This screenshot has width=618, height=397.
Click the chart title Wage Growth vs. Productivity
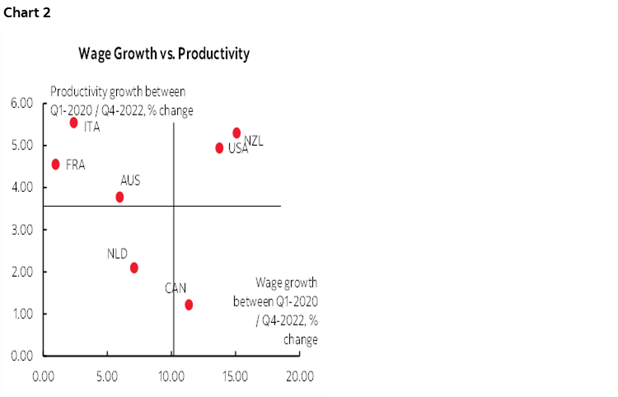point(164,54)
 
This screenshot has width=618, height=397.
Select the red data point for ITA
point(73,123)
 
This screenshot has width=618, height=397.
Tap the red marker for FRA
point(55,164)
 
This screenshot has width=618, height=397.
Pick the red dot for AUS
point(119,197)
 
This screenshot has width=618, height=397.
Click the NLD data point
point(133,268)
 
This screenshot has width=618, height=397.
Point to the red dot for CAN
point(189,305)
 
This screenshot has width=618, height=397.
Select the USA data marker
point(219,148)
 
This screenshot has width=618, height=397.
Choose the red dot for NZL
point(236,133)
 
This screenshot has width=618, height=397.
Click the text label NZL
point(253,142)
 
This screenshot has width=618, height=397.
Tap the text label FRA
point(75,165)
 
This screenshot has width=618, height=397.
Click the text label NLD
point(117,254)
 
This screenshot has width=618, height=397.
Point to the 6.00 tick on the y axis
point(21,103)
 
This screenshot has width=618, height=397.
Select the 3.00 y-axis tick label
point(21,230)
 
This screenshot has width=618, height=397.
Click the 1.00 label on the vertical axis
point(21,314)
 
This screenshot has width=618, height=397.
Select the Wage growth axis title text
point(276,310)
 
